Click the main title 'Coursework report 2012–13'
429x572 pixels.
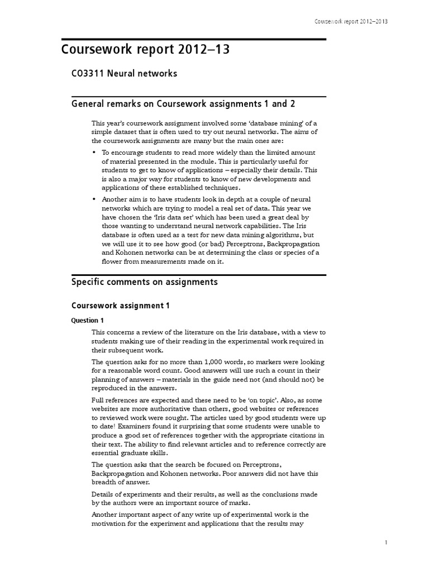[x=145, y=50]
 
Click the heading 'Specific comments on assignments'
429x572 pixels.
[x=145, y=282]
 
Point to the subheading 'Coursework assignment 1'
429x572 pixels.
[x=120, y=306]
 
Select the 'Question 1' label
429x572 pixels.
[x=88, y=321]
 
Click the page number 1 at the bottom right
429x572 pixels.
[x=385, y=542]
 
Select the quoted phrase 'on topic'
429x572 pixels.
[x=273, y=401]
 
